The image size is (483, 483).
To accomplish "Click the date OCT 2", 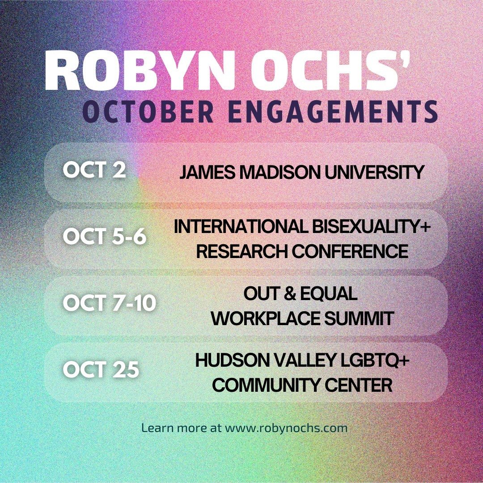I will [x=94, y=172].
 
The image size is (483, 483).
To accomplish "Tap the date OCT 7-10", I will [x=110, y=303].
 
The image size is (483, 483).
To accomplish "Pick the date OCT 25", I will [x=101, y=370].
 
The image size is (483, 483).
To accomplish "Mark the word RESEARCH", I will [x=241, y=251].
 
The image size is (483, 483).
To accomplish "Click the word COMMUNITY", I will [x=259, y=385].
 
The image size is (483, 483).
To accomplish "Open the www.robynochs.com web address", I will [x=286, y=428].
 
